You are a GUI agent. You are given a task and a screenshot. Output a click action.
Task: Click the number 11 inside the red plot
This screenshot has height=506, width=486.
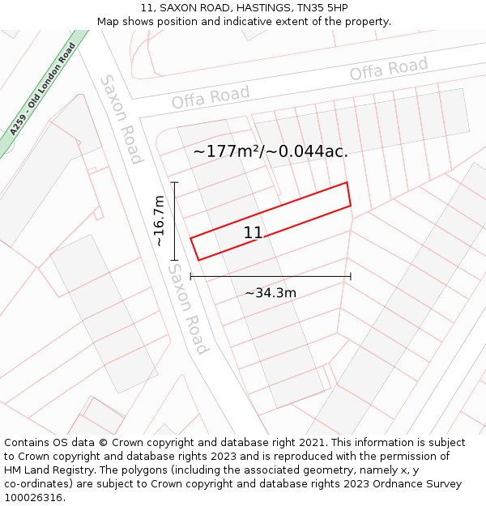click(x=253, y=233)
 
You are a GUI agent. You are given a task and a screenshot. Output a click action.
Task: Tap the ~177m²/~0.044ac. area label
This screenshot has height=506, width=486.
click(x=271, y=151)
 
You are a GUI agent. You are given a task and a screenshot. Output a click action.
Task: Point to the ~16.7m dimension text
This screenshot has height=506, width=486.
click(x=159, y=220)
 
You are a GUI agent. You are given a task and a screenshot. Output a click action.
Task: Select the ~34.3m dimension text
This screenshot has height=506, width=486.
click(x=271, y=292)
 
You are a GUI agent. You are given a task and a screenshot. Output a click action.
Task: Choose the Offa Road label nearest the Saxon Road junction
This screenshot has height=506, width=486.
click(x=211, y=98)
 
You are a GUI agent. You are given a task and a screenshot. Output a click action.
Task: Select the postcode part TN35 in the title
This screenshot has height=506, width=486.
click(x=313, y=7)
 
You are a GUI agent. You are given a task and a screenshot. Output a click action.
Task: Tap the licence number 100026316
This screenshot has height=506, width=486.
click(x=32, y=498)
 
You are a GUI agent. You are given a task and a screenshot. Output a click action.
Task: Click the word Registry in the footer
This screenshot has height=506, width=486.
click(x=88, y=470)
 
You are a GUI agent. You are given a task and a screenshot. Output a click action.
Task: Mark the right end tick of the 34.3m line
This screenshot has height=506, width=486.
click(x=351, y=277)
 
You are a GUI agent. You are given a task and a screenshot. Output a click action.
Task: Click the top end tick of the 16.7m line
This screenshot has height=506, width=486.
click(x=173, y=183)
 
